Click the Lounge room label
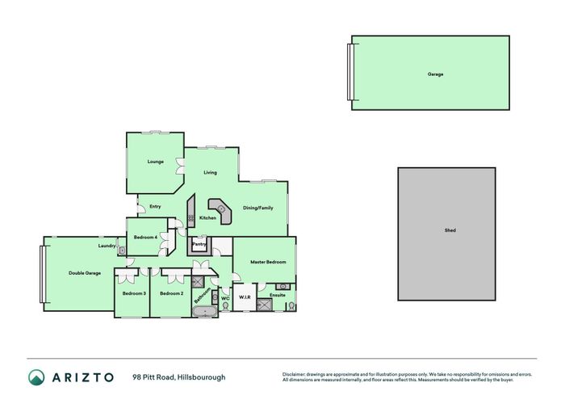pos(156,162)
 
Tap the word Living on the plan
pos(210,172)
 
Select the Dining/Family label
pos(258,208)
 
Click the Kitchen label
pos(207,218)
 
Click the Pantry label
pos(199,243)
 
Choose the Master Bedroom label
pos(267,262)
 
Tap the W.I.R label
pos(245,298)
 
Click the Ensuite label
pos(278,295)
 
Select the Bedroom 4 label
pos(145,237)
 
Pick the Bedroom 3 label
pos(134,293)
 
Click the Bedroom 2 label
pos(171,293)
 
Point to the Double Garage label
pos(85,273)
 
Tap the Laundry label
pos(107,246)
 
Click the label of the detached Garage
pos(436,74)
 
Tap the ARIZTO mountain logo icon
pos(37,377)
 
